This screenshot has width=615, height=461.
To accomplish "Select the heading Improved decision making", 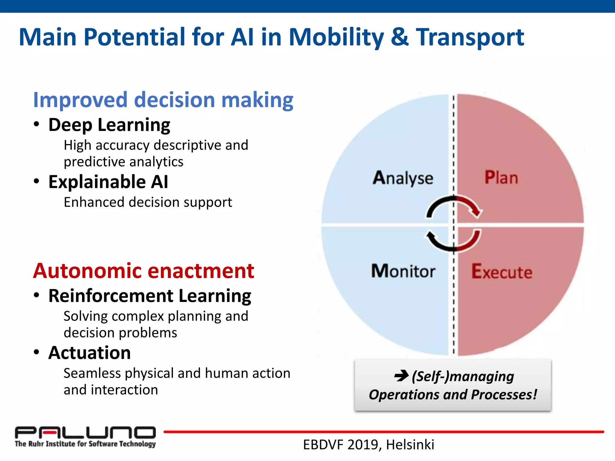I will coord(163,100).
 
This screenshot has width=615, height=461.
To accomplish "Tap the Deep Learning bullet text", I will coord(109,125).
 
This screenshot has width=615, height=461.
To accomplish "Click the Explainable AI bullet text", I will coord(108,182).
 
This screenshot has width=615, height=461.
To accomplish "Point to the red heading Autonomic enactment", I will coord(144,271).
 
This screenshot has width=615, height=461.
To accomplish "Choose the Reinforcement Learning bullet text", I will coord(150,296).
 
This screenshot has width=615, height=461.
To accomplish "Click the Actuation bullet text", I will coord(89,353).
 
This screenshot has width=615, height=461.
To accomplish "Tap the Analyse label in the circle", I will coord(403,178).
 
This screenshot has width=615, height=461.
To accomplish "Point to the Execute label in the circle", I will coord(501,272).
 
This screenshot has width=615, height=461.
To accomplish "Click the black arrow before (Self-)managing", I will coord(401,375).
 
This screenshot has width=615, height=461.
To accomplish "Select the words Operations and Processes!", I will coord(453,394).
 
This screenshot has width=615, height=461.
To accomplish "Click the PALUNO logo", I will coord(85,432).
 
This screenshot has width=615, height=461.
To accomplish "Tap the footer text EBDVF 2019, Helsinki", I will coord(368,444).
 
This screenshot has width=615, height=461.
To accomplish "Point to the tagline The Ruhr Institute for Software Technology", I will coord(85,444).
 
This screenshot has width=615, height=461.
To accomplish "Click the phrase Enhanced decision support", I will coord(148,202).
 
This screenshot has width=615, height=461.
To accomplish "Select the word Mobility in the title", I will coord(336,37).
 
